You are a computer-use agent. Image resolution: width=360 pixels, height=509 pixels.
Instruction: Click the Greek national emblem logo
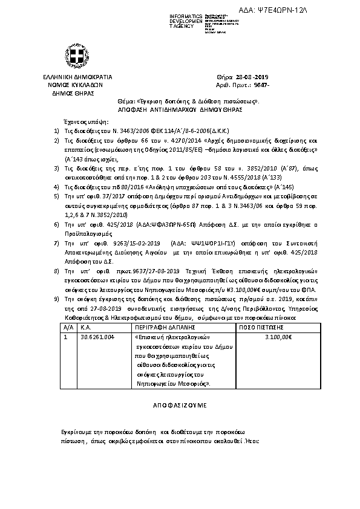77,59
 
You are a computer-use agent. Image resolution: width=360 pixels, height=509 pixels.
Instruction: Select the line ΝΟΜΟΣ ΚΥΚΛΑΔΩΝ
77,86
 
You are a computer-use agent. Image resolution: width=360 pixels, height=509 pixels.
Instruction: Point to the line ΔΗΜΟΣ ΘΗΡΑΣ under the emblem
77,94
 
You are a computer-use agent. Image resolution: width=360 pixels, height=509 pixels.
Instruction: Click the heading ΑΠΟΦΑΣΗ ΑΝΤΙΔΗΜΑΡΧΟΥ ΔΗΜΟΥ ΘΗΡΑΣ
183,110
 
